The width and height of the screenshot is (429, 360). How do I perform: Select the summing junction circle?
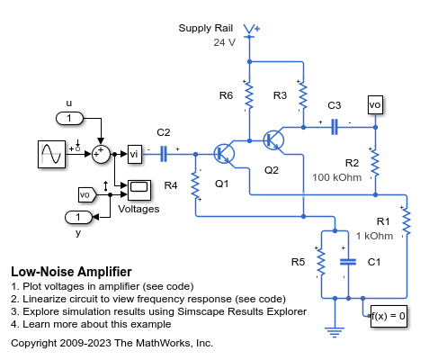click(103, 155)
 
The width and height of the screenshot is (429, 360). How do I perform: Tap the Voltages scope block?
click(139, 188)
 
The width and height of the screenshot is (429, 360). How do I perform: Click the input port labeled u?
click(69, 119)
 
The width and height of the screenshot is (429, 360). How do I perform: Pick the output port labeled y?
click(78, 217)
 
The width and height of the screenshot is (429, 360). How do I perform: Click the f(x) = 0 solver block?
click(389, 316)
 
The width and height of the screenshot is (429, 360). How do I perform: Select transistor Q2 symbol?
click(273, 140)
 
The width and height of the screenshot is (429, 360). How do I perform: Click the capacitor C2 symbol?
click(165, 155)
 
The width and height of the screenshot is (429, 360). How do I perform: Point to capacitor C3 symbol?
click(334, 127)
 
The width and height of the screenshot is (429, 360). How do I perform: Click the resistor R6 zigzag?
click(249, 94)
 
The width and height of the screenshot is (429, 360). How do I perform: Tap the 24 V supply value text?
click(224, 42)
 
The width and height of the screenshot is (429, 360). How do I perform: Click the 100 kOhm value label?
click(337, 177)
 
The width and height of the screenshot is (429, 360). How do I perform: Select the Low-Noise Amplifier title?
click(71, 271)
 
